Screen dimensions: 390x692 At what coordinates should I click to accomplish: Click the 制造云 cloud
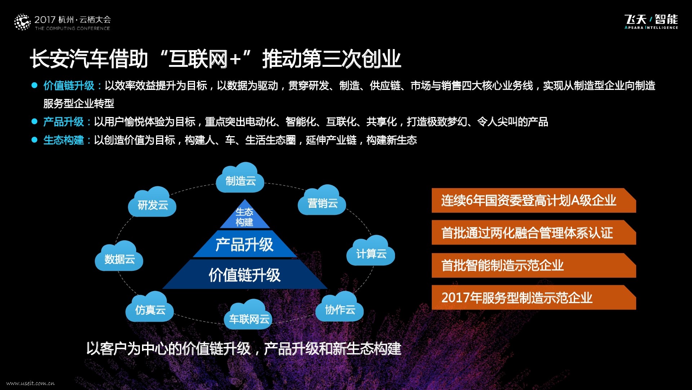tap(240, 179)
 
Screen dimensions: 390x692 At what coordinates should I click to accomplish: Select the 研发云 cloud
tap(152, 203)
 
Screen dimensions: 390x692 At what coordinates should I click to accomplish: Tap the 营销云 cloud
tap(322, 201)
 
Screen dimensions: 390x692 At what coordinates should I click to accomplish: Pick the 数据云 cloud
tap(119, 257)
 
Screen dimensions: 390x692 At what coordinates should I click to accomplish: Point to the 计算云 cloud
tap(371, 252)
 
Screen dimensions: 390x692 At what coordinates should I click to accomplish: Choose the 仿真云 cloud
tap(150, 308)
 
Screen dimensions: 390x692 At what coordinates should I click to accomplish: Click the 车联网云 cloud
tap(249, 316)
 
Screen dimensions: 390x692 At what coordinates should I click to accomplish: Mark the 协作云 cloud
tap(340, 308)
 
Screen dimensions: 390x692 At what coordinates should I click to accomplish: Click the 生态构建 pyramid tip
tap(245, 216)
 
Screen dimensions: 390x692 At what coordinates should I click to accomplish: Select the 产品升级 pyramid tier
tap(245, 244)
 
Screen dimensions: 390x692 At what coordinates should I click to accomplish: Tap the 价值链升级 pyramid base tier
tap(245, 275)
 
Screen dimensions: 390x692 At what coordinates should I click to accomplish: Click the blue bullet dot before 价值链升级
tap(35, 86)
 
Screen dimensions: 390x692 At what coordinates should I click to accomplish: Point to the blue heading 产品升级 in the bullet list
tap(63, 122)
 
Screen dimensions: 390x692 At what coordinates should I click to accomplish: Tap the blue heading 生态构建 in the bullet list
tap(63, 140)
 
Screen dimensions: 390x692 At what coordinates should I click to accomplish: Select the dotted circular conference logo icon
tap(22, 22)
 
